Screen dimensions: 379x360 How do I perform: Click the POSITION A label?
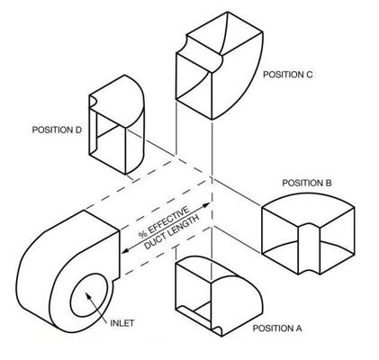[x=277, y=328]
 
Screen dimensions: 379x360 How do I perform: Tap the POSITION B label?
[x=307, y=183]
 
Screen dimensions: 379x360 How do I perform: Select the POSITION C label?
[x=288, y=75]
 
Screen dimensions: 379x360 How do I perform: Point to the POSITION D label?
[x=57, y=130]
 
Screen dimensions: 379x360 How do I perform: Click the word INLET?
[x=122, y=323]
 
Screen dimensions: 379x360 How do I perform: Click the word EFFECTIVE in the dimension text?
[x=168, y=220]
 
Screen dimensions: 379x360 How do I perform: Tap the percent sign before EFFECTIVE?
[x=142, y=234]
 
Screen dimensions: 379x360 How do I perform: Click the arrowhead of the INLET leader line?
[x=87, y=295]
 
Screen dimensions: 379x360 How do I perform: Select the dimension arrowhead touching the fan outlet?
[x=124, y=250]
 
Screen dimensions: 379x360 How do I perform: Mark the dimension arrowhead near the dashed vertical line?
[x=207, y=205]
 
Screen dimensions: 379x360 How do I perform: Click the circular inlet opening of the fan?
[x=89, y=295]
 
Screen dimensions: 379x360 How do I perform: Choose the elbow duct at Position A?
[x=219, y=296]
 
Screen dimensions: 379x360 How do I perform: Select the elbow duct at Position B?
[x=308, y=233]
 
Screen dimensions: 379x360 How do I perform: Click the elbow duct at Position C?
[x=220, y=66]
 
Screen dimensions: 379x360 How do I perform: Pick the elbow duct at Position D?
[x=116, y=124]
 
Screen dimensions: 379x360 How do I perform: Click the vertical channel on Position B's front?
[x=309, y=247]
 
